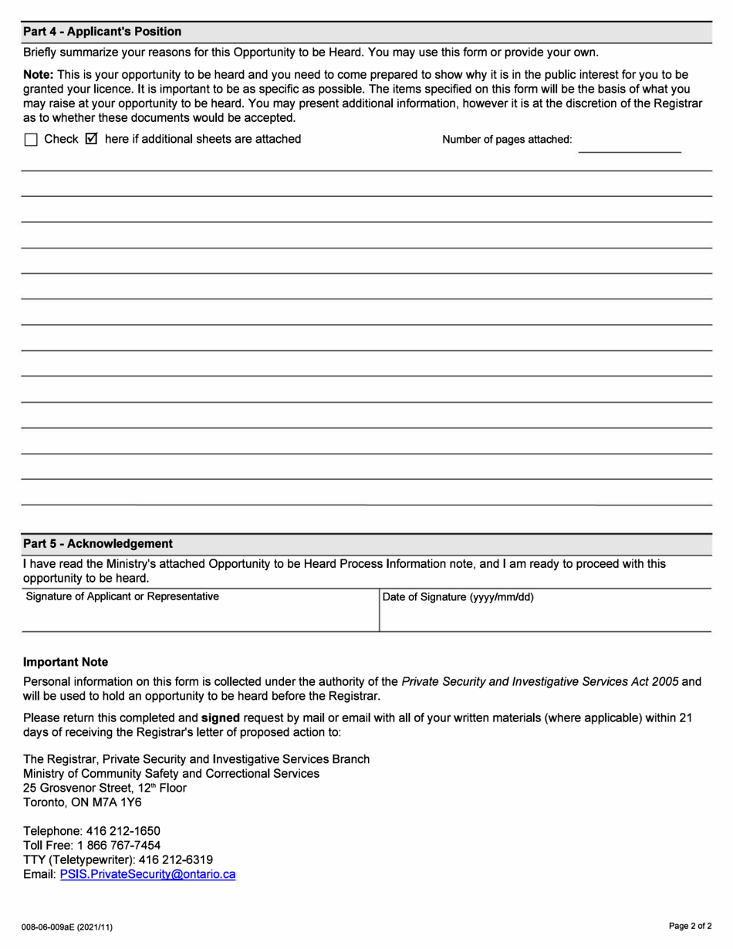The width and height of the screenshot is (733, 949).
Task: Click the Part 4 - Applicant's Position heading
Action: [102, 32]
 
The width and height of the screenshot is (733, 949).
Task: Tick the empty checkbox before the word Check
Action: [31, 140]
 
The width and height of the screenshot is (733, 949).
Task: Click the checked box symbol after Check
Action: [91, 140]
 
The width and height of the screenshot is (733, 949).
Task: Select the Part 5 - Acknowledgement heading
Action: [98, 544]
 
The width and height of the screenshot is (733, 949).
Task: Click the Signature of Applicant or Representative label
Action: [122, 596]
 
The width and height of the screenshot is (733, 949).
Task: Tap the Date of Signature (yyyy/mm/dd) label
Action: [458, 596]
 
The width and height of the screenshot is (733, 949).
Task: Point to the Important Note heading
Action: [66, 662]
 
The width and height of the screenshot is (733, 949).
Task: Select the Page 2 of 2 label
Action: [690, 925]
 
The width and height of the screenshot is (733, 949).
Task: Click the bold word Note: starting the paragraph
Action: [38, 75]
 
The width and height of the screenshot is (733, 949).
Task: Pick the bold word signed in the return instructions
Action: [221, 718]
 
